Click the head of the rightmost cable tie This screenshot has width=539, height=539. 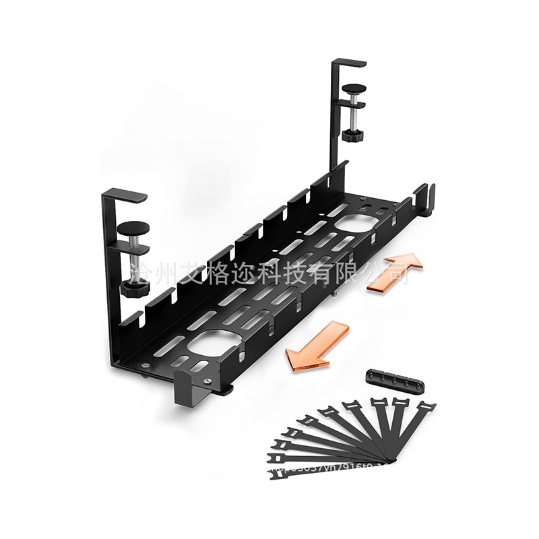click(x=424, y=408)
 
